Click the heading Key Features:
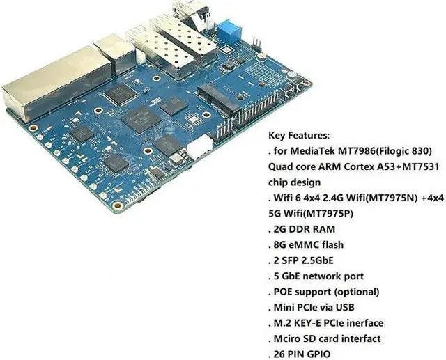[x=299, y=136]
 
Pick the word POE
[x=286, y=292]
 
